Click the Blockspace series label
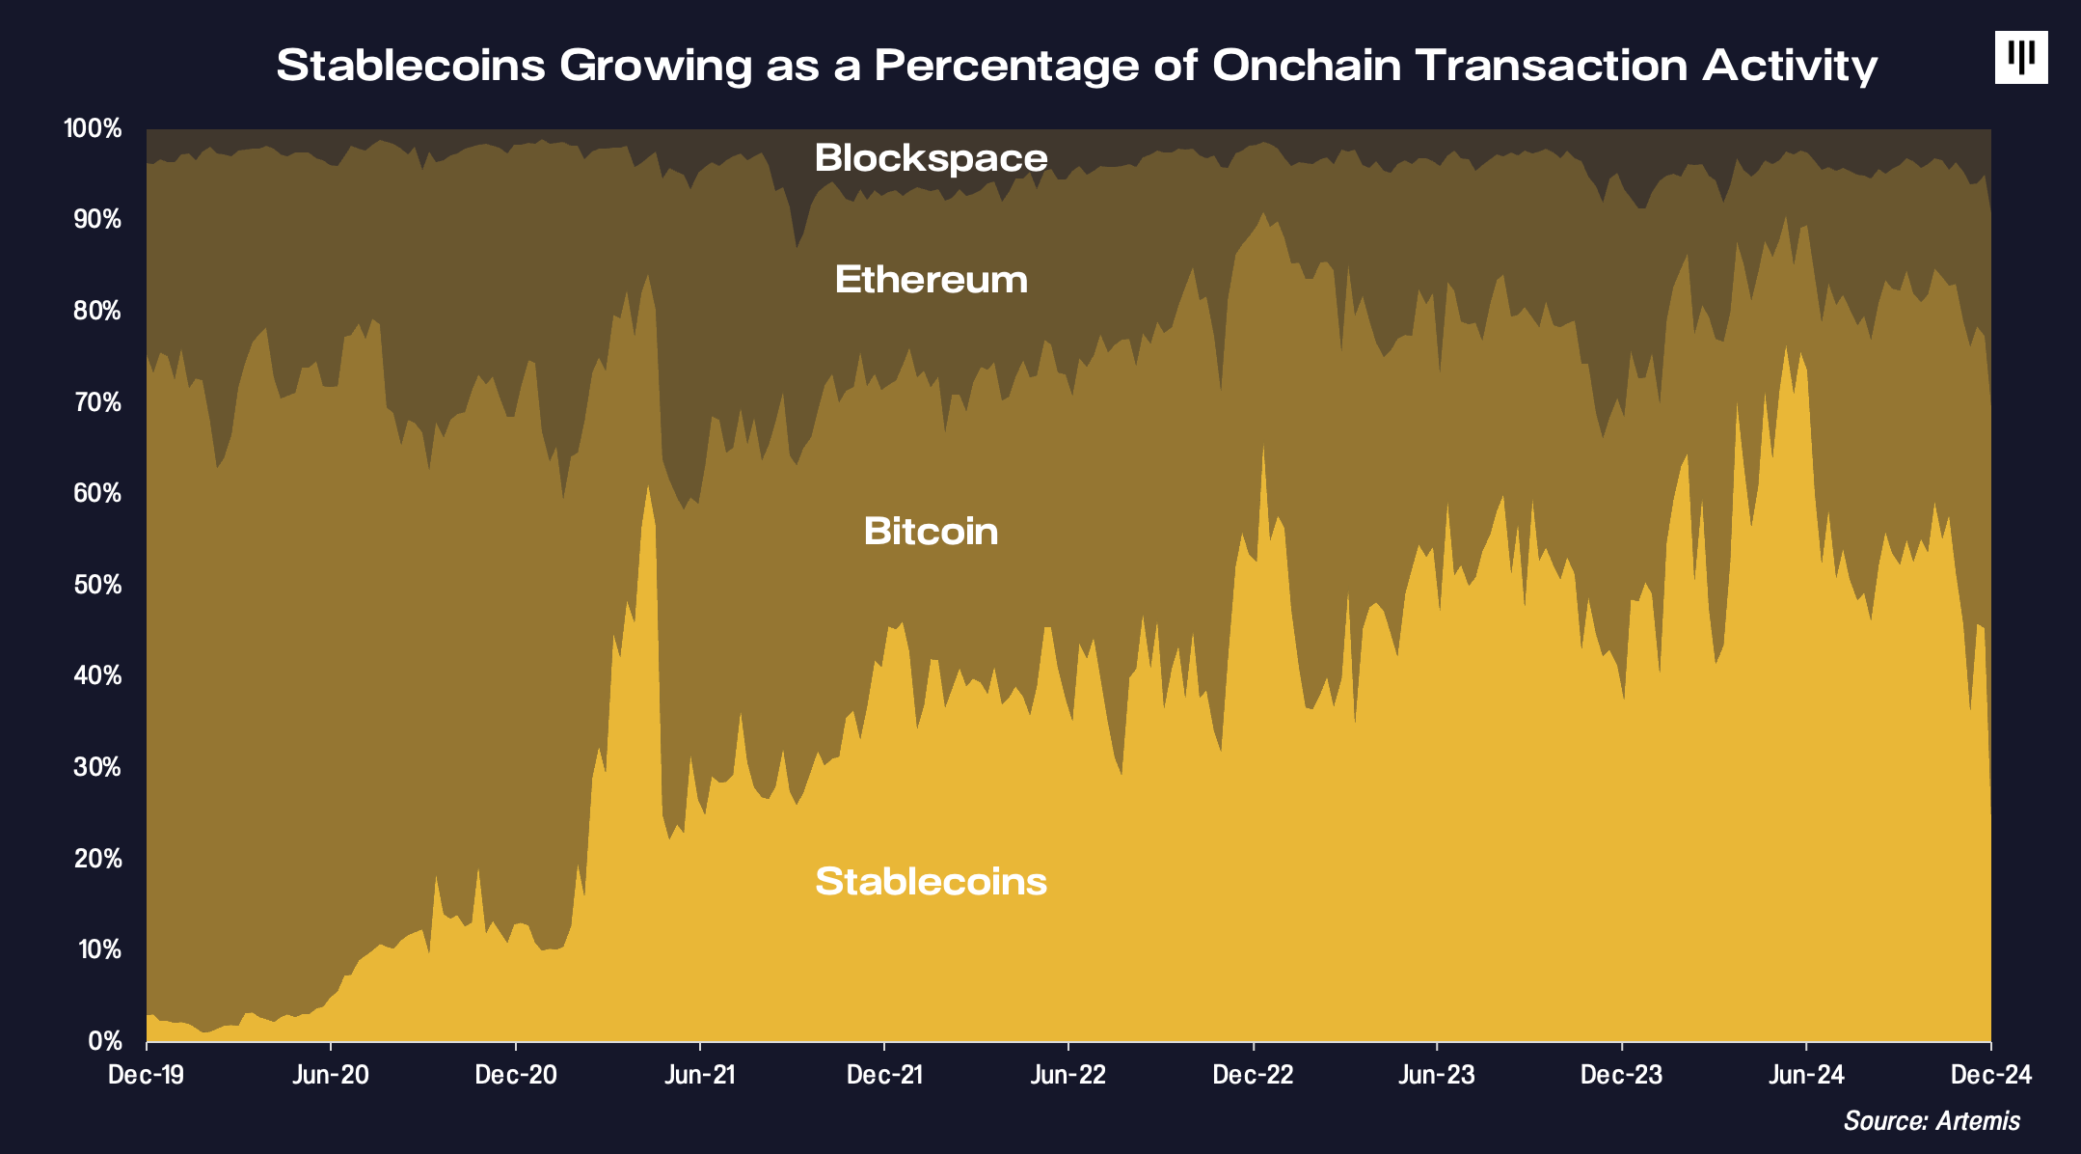pyautogui.click(x=931, y=158)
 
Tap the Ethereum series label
pyautogui.click(x=931, y=280)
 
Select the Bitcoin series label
pyautogui.click(x=931, y=532)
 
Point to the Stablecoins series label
pyautogui.click(x=931, y=882)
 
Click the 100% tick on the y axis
pyautogui.click(x=93, y=128)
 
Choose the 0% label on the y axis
pyautogui.click(x=104, y=1041)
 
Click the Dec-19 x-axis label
pyautogui.click(x=147, y=1075)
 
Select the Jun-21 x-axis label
pyautogui.click(x=700, y=1075)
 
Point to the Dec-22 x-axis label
pyautogui.click(x=1253, y=1075)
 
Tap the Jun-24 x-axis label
pyautogui.click(x=1806, y=1075)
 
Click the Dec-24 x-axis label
pyautogui.click(x=1990, y=1075)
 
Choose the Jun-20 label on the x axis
pyautogui.click(x=331, y=1075)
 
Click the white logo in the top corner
pyautogui.click(x=2020, y=58)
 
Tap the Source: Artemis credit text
pyautogui.click(x=1932, y=1121)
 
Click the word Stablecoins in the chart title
pyautogui.click(x=411, y=66)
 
